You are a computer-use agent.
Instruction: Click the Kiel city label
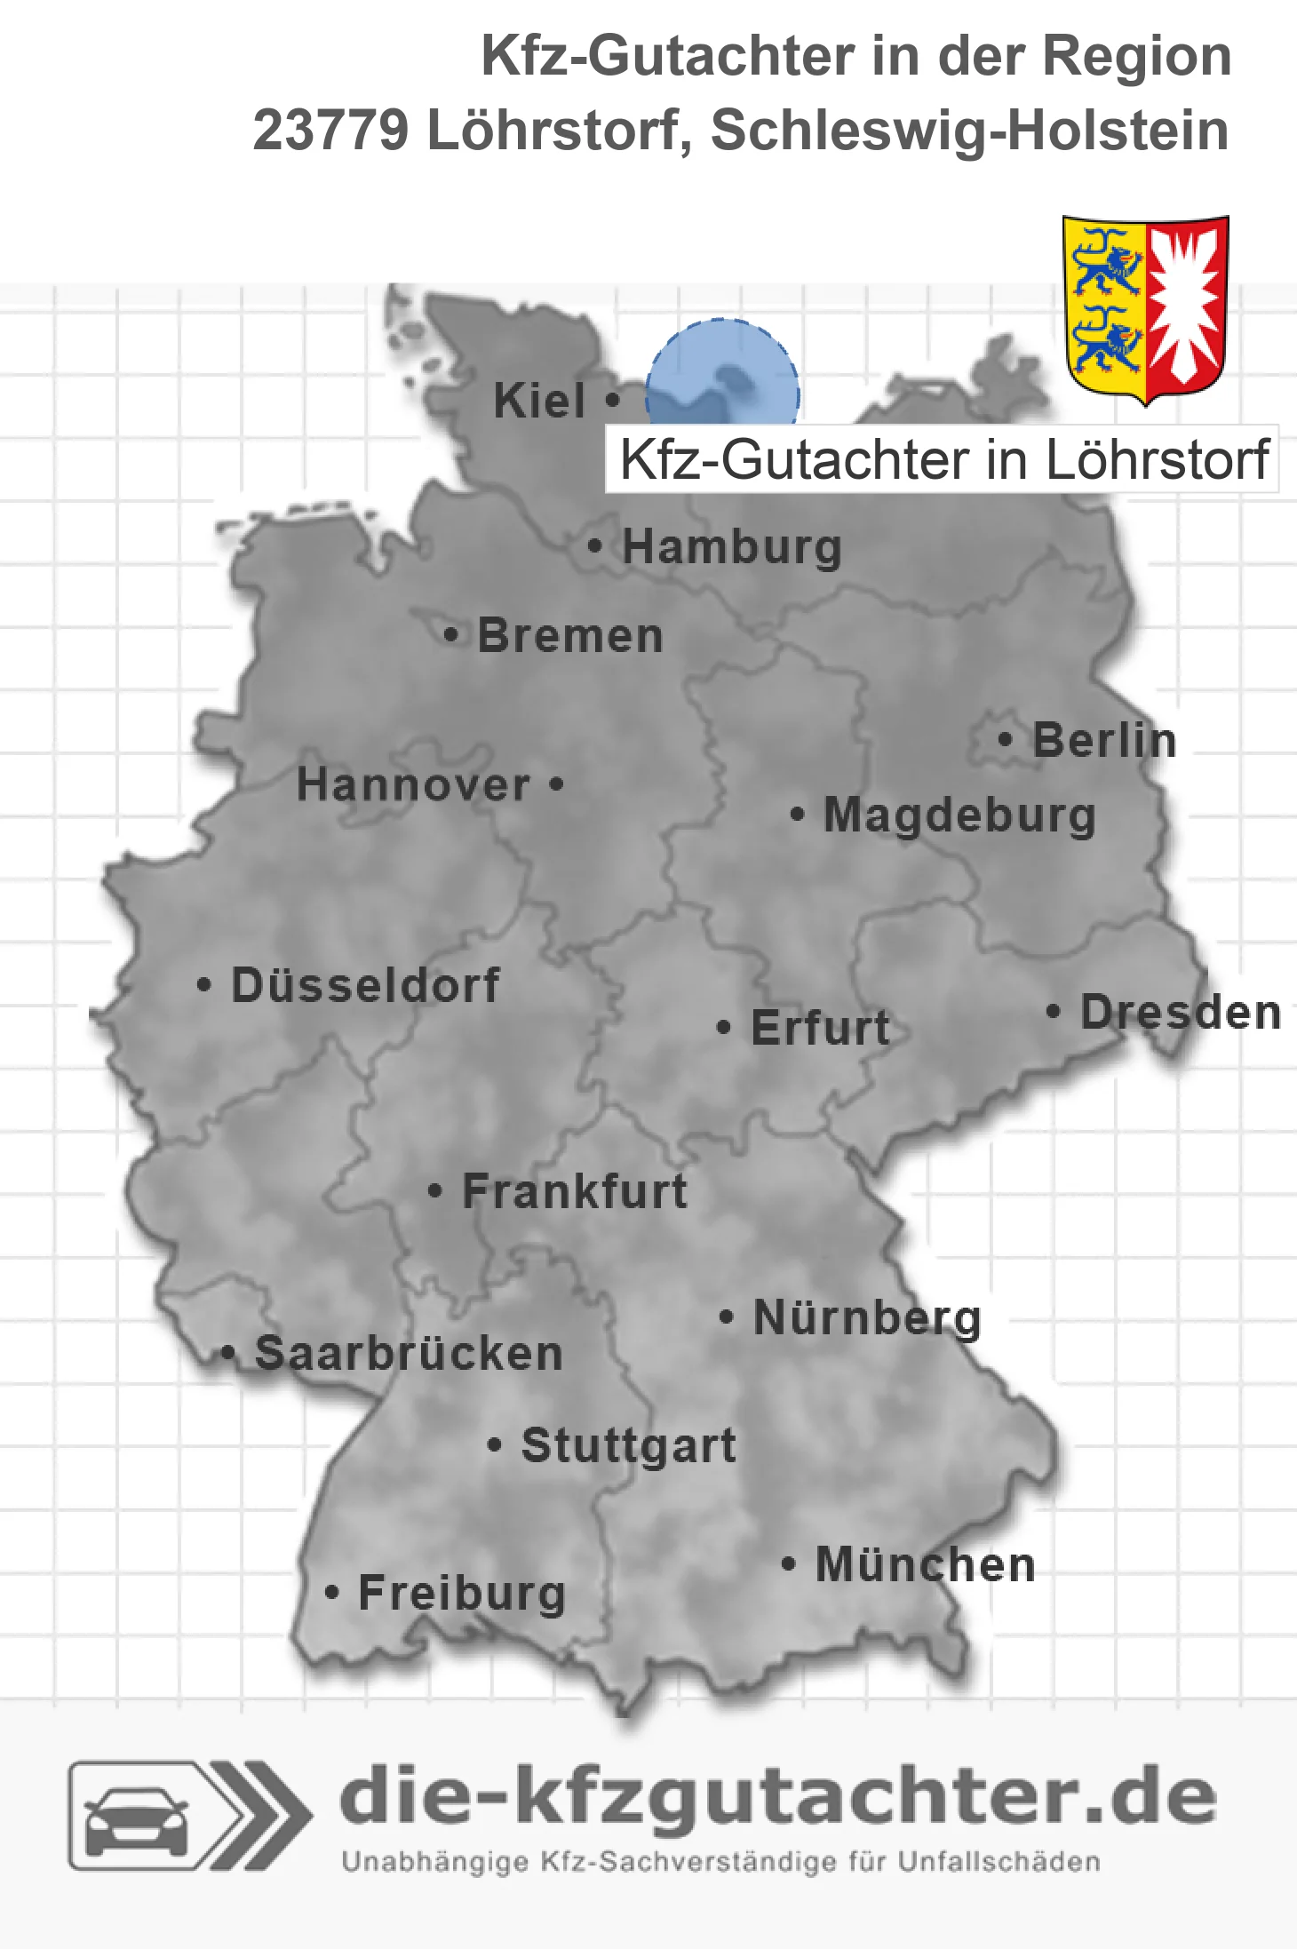coord(539,401)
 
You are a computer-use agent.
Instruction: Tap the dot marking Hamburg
coord(594,545)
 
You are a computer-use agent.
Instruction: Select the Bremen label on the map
coord(570,636)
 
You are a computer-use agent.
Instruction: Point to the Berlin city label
coord(1104,740)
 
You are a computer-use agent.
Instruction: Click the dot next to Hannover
coord(556,784)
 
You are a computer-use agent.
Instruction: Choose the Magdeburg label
coord(959,815)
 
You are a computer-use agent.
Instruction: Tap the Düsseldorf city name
coord(365,985)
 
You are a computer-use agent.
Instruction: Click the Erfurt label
coord(820,1028)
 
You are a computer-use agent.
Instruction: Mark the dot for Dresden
coord(1053,1011)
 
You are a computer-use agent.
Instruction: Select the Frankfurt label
coord(575,1191)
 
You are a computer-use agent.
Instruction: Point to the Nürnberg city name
coord(867,1317)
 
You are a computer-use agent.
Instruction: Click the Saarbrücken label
coord(409,1354)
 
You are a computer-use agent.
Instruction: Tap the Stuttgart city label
coord(628,1445)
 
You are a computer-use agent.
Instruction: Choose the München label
coord(926,1564)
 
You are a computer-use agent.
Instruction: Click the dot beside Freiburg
coord(331,1593)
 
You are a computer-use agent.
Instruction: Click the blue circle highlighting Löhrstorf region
coord(721,373)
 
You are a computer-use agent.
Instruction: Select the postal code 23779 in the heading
coord(330,131)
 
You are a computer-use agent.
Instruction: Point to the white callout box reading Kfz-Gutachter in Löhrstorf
coord(942,459)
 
